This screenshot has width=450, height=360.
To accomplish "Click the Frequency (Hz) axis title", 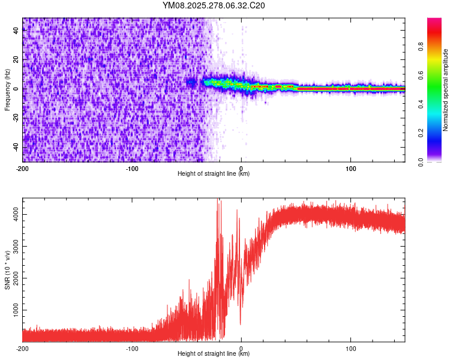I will point(7,90).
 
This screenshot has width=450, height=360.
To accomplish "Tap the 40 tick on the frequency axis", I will point(16,31).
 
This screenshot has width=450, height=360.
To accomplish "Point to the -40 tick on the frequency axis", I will point(16,146).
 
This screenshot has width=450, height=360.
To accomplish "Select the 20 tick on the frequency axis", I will point(16,60).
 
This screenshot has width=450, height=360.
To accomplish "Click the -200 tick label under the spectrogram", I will point(23,167).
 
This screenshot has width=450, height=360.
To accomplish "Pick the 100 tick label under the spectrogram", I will point(350,167).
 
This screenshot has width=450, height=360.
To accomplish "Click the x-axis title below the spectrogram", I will point(214,173).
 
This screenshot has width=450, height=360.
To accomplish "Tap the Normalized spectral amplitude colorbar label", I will point(445,90).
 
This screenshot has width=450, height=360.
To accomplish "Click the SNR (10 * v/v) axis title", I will point(7,270).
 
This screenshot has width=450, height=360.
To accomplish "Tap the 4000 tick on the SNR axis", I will point(16,214).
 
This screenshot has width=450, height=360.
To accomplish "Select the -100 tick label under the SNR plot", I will point(132,348).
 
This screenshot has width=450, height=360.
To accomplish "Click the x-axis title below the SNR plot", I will point(214,354).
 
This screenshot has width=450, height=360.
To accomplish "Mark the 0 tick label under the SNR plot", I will point(241,348).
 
